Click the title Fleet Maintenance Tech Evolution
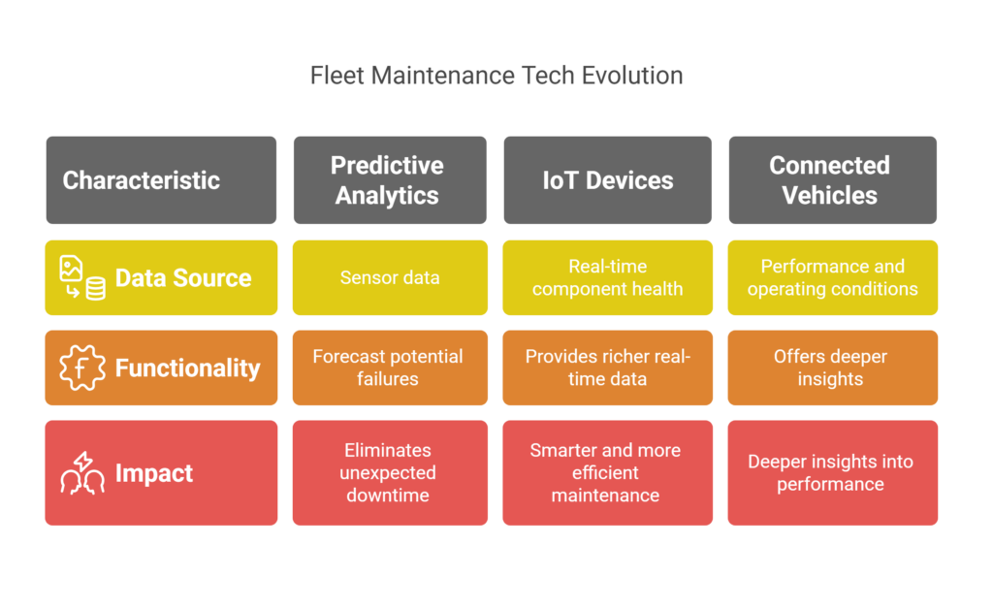[x=496, y=76]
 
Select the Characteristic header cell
[x=161, y=179]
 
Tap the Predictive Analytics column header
[x=390, y=179]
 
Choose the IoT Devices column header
[x=607, y=179]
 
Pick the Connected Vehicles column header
[x=832, y=179]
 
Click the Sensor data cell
[x=390, y=277]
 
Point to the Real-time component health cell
[x=607, y=277]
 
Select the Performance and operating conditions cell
[x=832, y=277]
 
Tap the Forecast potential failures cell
[x=390, y=368]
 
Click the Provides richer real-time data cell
[x=607, y=368]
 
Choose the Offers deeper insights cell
[x=832, y=368]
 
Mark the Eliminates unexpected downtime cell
[x=390, y=472]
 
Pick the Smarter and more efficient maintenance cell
[x=607, y=472]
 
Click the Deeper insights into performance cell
[x=832, y=472]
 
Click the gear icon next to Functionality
[x=82, y=368]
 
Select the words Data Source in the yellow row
[x=183, y=278]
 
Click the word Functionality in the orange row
[x=187, y=368]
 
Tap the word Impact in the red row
[x=154, y=473]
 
